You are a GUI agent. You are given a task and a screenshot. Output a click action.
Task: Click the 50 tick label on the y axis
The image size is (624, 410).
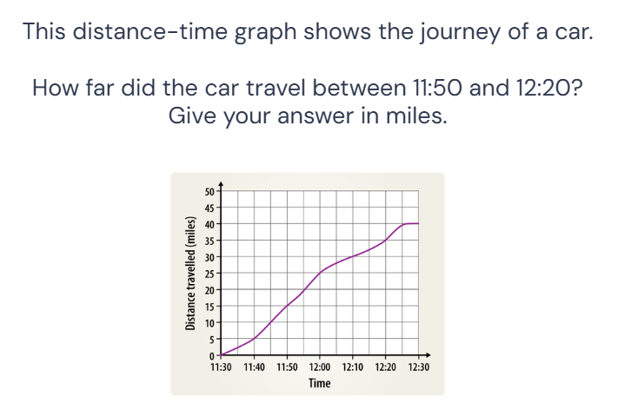[x=209, y=191]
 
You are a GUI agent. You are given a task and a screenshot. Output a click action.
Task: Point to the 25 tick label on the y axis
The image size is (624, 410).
[x=209, y=274]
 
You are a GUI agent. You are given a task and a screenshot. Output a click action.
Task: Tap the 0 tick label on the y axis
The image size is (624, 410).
[x=211, y=356]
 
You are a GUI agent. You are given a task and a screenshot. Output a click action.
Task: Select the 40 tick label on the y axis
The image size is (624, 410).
[x=209, y=224]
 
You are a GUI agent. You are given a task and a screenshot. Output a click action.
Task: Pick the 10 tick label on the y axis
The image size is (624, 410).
[x=209, y=323]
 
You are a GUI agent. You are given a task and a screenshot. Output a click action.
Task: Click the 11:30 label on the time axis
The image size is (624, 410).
[x=222, y=368]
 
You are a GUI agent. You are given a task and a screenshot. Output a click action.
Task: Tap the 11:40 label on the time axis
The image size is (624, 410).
[x=255, y=368]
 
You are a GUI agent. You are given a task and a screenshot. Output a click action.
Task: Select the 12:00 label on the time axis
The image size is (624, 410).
[x=320, y=368]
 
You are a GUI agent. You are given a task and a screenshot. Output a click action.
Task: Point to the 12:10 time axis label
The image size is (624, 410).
[x=353, y=368]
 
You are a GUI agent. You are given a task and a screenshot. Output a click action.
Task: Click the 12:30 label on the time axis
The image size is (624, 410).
[x=419, y=368]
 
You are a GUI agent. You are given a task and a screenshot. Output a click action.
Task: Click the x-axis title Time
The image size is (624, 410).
[x=320, y=383]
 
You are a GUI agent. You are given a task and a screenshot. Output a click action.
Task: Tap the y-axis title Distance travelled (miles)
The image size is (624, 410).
[x=189, y=273]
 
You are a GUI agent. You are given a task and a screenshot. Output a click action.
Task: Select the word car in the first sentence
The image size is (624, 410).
[x=568, y=33]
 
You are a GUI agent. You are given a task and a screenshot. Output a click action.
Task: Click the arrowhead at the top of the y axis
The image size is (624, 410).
[x=222, y=182]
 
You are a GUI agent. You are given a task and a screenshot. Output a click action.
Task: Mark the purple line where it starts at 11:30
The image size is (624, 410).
[x=222, y=354]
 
